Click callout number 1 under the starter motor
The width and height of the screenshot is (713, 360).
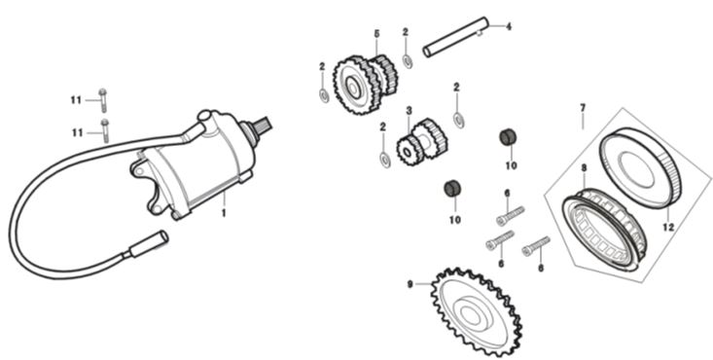[x=224, y=212]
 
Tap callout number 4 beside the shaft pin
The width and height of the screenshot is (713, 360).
[x=509, y=27]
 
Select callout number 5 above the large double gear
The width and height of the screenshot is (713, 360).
[x=376, y=34]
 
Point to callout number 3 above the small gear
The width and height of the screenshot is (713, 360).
[x=409, y=111]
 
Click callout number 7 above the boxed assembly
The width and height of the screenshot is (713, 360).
[x=583, y=108]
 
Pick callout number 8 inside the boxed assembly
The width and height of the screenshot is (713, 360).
[x=584, y=168]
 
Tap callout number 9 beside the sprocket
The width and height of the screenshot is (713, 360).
[x=410, y=284]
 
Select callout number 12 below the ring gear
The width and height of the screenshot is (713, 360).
[x=668, y=227]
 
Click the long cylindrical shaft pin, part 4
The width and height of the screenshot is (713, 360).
[x=455, y=37]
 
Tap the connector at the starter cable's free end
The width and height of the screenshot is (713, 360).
[x=148, y=244]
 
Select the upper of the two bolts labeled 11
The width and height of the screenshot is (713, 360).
[x=103, y=100]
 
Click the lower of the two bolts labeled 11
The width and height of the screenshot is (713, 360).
[x=105, y=130]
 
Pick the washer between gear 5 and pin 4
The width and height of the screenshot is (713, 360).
[x=408, y=61]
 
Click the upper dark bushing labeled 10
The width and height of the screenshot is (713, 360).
[x=508, y=137]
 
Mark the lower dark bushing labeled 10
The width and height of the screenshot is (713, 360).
[x=452, y=189]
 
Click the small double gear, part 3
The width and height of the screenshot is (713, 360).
[x=421, y=142]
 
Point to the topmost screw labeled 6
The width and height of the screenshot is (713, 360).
[x=511, y=216]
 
